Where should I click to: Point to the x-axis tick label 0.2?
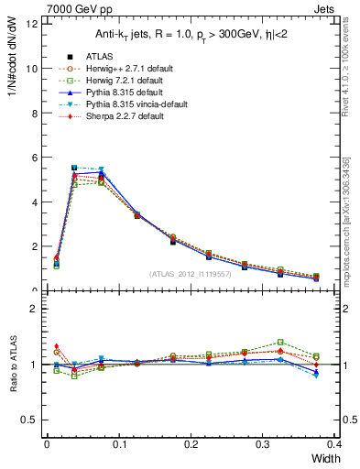coord(191,443)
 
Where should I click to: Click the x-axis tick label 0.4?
coord(335,443)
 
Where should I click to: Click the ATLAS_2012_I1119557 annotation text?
coord(191,273)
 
